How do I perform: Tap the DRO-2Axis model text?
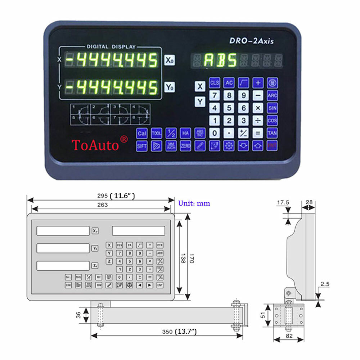(251, 41)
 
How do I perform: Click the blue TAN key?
(272, 133)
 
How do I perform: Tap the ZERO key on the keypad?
(185, 146)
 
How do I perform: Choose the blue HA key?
(185, 133)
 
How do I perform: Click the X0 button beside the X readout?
(170, 60)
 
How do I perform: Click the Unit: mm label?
(194, 203)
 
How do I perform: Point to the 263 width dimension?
(102, 204)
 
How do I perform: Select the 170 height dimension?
(191, 256)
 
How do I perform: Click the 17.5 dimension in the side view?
(283, 203)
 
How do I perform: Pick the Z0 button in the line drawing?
(95, 266)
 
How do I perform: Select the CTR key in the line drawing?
(160, 245)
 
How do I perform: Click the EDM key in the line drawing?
(68, 285)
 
